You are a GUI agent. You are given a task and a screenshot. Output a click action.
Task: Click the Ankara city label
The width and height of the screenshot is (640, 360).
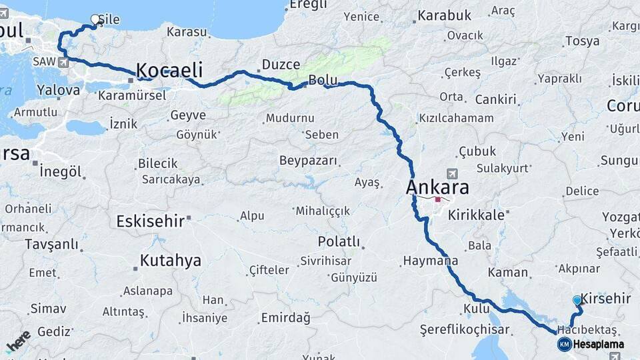(437, 187)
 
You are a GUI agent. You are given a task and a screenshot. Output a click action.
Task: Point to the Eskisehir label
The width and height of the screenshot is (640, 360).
(150, 221)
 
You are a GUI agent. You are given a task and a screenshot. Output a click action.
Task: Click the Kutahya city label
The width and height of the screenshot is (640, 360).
(170, 261)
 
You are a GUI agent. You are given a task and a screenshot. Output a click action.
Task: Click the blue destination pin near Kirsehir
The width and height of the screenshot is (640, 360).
(577, 301)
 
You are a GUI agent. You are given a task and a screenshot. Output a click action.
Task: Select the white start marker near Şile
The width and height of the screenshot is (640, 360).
(95, 20)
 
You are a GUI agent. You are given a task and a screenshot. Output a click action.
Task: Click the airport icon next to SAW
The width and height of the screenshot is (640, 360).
(63, 63)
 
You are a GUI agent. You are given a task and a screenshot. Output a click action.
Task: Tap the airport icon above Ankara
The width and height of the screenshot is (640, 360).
(453, 173)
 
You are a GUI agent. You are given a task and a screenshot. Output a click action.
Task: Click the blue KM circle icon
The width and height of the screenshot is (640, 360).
(564, 344)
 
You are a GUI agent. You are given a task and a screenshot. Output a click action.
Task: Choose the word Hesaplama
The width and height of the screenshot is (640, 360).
(598, 345)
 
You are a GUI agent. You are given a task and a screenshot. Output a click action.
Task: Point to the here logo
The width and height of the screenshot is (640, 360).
(18, 341)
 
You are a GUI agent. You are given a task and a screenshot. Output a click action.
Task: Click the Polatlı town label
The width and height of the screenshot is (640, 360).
(339, 241)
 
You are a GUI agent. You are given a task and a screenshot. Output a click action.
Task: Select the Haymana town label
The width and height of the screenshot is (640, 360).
(426, 260)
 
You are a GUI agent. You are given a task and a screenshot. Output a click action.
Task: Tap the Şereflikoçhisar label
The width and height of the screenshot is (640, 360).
(465, 329)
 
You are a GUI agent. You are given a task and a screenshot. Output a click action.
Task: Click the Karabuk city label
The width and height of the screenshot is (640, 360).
(445, 15)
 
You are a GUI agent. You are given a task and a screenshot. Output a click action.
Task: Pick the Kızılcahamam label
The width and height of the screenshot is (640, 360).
(456, 119)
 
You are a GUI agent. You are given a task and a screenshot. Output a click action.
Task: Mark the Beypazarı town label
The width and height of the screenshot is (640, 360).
(308, 161)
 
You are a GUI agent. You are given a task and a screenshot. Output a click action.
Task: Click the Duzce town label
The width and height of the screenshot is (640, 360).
(281, 65)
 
